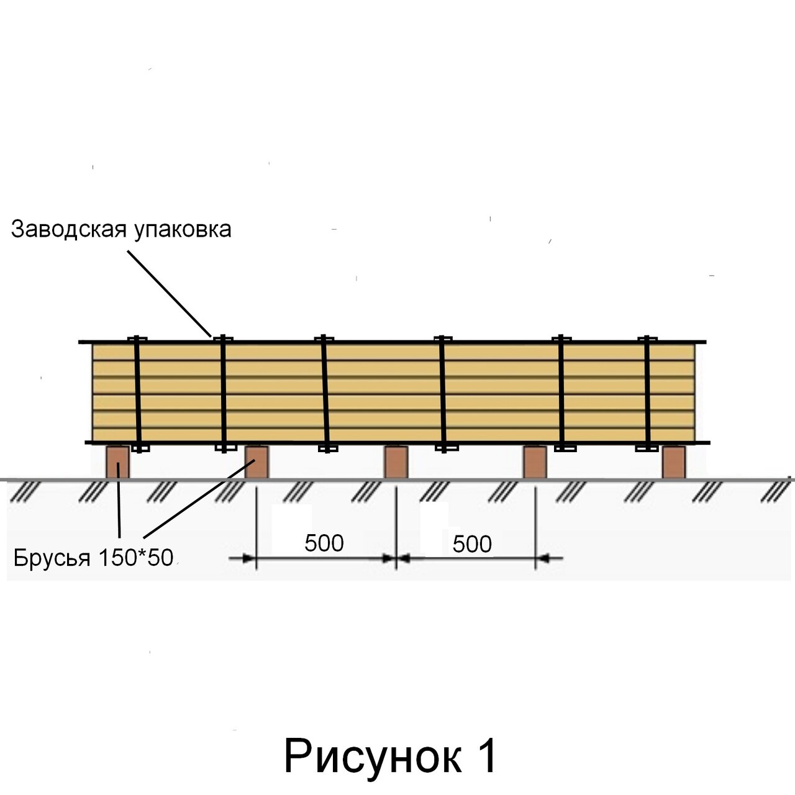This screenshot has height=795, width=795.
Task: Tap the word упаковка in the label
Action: [x=183, y=230]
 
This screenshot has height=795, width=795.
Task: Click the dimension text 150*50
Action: [x=135, y=557]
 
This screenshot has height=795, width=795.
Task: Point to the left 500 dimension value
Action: [x=324, y=543]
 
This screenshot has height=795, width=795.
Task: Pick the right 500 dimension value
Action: [x=472, y=544]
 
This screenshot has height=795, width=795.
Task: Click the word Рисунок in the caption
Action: [x=373, y=756]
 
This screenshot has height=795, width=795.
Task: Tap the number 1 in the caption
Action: [x=488, y=756]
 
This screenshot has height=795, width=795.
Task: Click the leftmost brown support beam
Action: [x=117, y=462]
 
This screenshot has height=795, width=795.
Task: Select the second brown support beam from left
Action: [x=257, y=462]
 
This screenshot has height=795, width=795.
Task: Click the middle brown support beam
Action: [x=396, y=462]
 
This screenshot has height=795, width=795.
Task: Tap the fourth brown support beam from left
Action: [x=535, y=462]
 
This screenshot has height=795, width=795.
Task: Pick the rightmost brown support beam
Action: [x=673, y=462]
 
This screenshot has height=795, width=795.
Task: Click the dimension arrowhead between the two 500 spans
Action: [x=396, y=558]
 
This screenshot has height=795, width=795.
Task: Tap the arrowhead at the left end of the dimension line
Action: [x=249, y=558]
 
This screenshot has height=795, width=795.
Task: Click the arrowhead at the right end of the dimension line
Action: [x=543, y=558]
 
